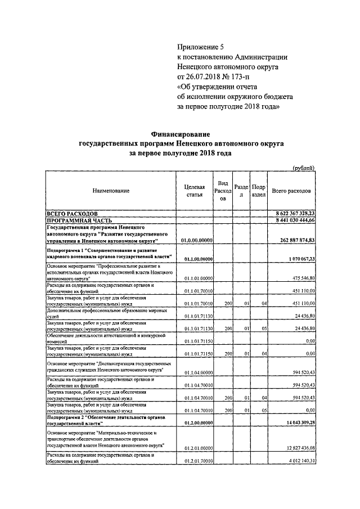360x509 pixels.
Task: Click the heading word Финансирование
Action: (x=180, y=134)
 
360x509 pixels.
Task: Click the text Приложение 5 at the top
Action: (x=200, y=47)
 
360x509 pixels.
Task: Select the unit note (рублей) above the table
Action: (x=304, y=167)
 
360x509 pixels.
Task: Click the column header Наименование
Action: (x=111, y=191)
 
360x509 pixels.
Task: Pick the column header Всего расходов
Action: (x=291, y=191)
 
